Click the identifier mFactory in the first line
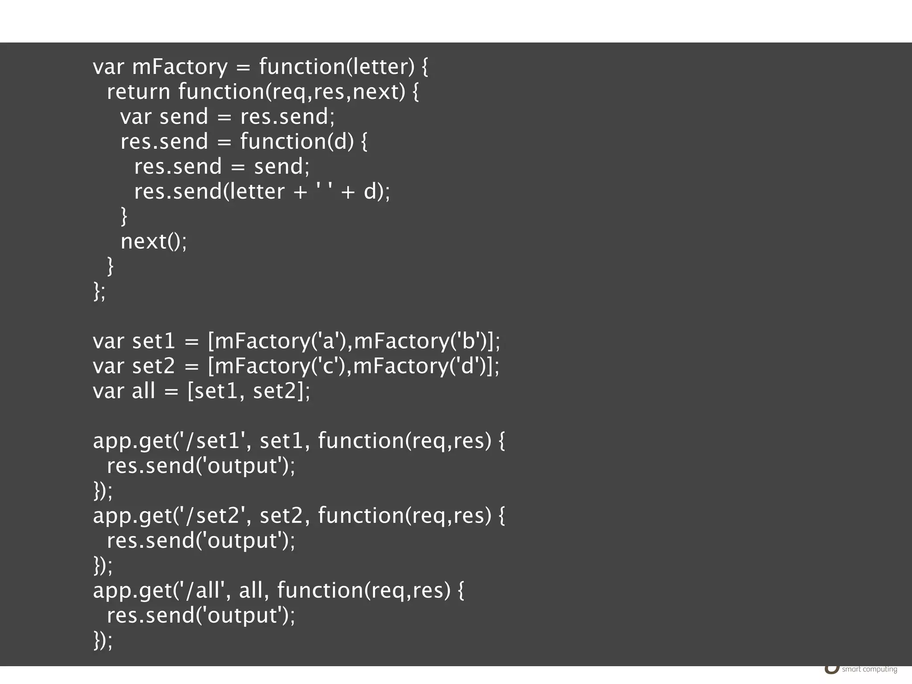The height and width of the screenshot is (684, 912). tap(180, 67)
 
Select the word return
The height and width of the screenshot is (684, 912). tap(138, 92)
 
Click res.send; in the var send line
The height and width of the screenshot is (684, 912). tap(288, 117)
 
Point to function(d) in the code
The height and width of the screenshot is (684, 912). tap(297, 142)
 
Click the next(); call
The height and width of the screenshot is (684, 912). tap(154, 241)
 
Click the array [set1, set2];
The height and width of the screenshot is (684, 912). tap(248, 391)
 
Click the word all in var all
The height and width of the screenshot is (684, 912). tap(143, 391)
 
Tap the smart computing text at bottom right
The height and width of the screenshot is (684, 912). tap(869, 669)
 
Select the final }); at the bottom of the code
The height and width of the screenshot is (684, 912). tap(103, 640)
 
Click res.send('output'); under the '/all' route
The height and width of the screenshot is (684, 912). tap(201, 615)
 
